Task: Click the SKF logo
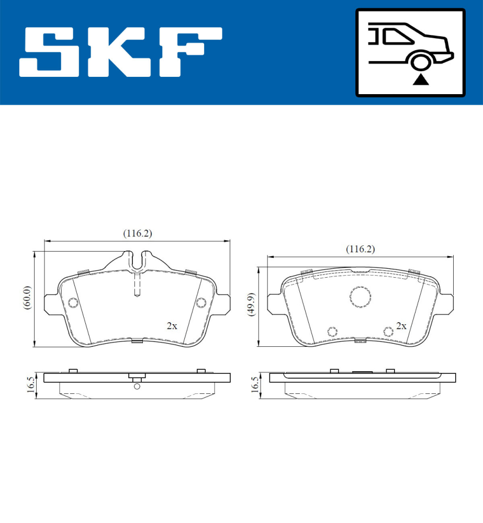120,52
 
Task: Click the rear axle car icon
410,52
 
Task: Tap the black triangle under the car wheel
420,79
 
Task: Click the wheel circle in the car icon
420,61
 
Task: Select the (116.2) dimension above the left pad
137,234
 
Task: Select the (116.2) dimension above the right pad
360,249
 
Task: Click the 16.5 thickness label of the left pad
30,384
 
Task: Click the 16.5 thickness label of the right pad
255,384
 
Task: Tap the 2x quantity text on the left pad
172,326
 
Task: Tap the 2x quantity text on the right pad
401,326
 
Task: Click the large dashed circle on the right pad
361,296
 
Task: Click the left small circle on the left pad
73,303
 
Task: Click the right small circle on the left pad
201,303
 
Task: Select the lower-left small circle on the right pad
331,331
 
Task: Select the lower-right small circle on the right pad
388,331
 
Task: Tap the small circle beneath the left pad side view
137,386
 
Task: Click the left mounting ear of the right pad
274,303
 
